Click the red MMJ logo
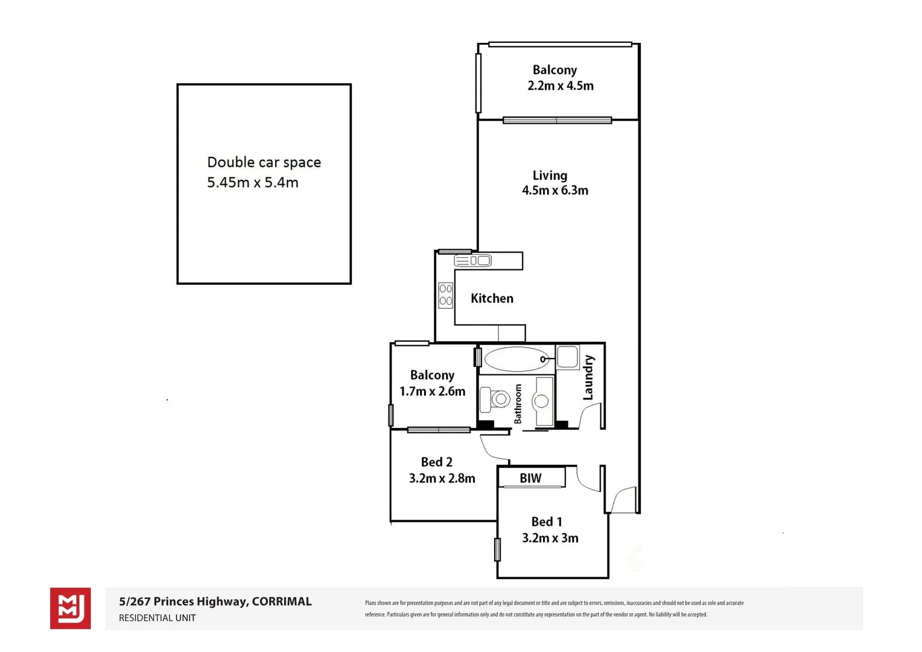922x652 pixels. tap(70, 608)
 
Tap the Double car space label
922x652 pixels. tap(264, 162)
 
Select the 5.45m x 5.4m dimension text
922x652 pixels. tap(252, 182)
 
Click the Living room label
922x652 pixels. tap(550, 176)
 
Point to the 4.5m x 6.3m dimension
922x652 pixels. tap(555, 191)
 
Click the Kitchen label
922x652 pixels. tap(492, 298)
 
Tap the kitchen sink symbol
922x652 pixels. tap(472, 261)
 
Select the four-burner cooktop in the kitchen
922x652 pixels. tap(446, 295)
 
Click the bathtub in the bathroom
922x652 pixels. tap(517, 359)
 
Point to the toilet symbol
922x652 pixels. tap(494, 399)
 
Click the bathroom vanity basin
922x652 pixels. tap(542, 401)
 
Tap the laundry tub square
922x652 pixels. tap(567, 356)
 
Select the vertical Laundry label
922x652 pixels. tap(588, 378)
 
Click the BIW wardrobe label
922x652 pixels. tap(530, 478)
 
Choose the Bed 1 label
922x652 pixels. tap(547, 522)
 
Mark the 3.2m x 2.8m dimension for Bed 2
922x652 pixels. tap(442, 479)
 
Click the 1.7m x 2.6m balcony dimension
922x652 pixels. tap(432, 392)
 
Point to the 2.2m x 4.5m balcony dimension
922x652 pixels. tap(560, 86)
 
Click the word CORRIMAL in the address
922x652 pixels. tap(282, 601)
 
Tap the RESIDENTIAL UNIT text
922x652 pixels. tap(157, 618)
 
